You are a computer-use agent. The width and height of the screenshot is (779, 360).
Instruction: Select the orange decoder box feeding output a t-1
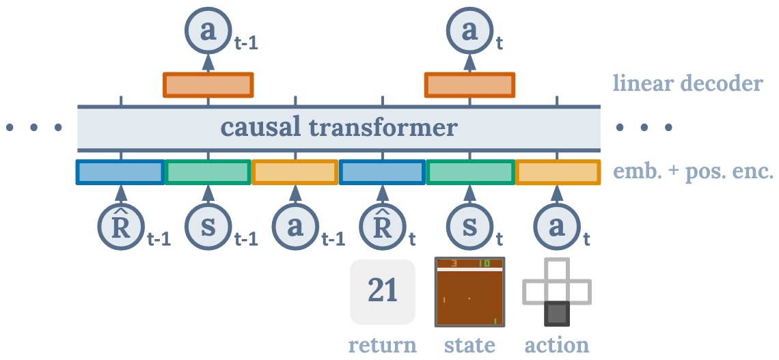pyautogui.click(x=208, y=85)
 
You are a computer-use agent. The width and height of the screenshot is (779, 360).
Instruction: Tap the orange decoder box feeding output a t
pyautogui.click(x=469, y=85)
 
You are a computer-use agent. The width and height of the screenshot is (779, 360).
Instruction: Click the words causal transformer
pyautogui.click(x=339, y=128)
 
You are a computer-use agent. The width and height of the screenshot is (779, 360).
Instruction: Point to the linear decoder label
pyautogui.click(x=687, y=84)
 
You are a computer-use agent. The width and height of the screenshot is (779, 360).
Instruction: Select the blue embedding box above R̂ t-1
pyautogui.click(x=120, y=172)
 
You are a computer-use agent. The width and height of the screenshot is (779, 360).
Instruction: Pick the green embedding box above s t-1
pyautogui.click(x=208, y=172)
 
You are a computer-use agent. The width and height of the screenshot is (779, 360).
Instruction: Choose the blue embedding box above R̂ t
pyautogui.click(x=383, y=172)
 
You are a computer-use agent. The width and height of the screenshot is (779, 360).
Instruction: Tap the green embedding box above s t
pyautogui.click(x=470, y=172)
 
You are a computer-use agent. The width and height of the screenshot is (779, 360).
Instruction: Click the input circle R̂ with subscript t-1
pyautogui.click(x=120, y=227)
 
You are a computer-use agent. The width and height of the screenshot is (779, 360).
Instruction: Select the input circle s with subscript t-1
pyautogui.click(x=208, y=227)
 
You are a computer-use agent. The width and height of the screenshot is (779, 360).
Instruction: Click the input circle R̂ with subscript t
pyautogui.click(x=383, y=227)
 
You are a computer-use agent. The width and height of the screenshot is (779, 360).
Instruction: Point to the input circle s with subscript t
pyautogui.click(x=470, y=227)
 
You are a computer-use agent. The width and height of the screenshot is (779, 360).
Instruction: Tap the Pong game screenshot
pyautogui.click(x=470, y=292)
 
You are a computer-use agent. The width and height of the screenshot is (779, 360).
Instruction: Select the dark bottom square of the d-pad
pyautogui.click(x=557, y=314)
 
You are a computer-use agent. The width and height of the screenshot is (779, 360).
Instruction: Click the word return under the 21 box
pyautogui.click(x=383, y=344)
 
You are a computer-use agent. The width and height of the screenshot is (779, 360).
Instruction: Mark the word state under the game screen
pyautogui.click(x=470, y=344)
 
